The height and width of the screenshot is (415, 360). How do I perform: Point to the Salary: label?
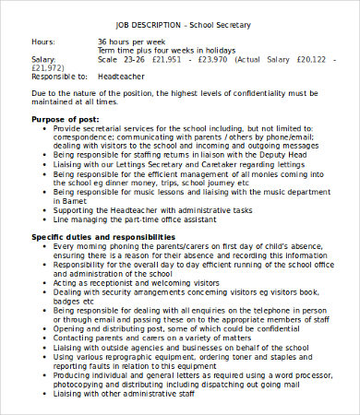pos(44,60)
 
